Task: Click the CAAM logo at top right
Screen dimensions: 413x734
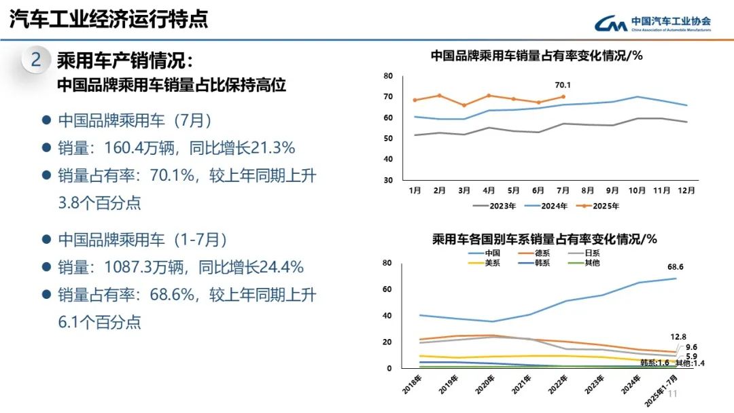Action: pos(652,23)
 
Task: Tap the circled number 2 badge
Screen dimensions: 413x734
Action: pos(35,60)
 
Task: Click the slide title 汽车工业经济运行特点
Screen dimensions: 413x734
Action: pos(109,19)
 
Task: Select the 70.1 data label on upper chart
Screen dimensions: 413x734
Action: pos(563,86)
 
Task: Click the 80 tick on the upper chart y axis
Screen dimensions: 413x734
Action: pos(388,75)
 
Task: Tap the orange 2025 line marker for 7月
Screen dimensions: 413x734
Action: pos(563,96)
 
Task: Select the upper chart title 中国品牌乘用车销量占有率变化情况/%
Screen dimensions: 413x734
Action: pos(537,56)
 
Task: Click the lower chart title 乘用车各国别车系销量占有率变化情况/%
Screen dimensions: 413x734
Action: pos(544,239)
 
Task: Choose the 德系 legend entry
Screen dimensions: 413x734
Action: pos(544,253)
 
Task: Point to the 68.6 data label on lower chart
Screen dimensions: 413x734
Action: pos(674,266)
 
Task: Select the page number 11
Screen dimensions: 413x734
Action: pos(674,395)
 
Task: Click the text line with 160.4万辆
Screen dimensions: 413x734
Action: pos(177,148)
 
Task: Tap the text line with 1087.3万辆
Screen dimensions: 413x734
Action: pos(181,267)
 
